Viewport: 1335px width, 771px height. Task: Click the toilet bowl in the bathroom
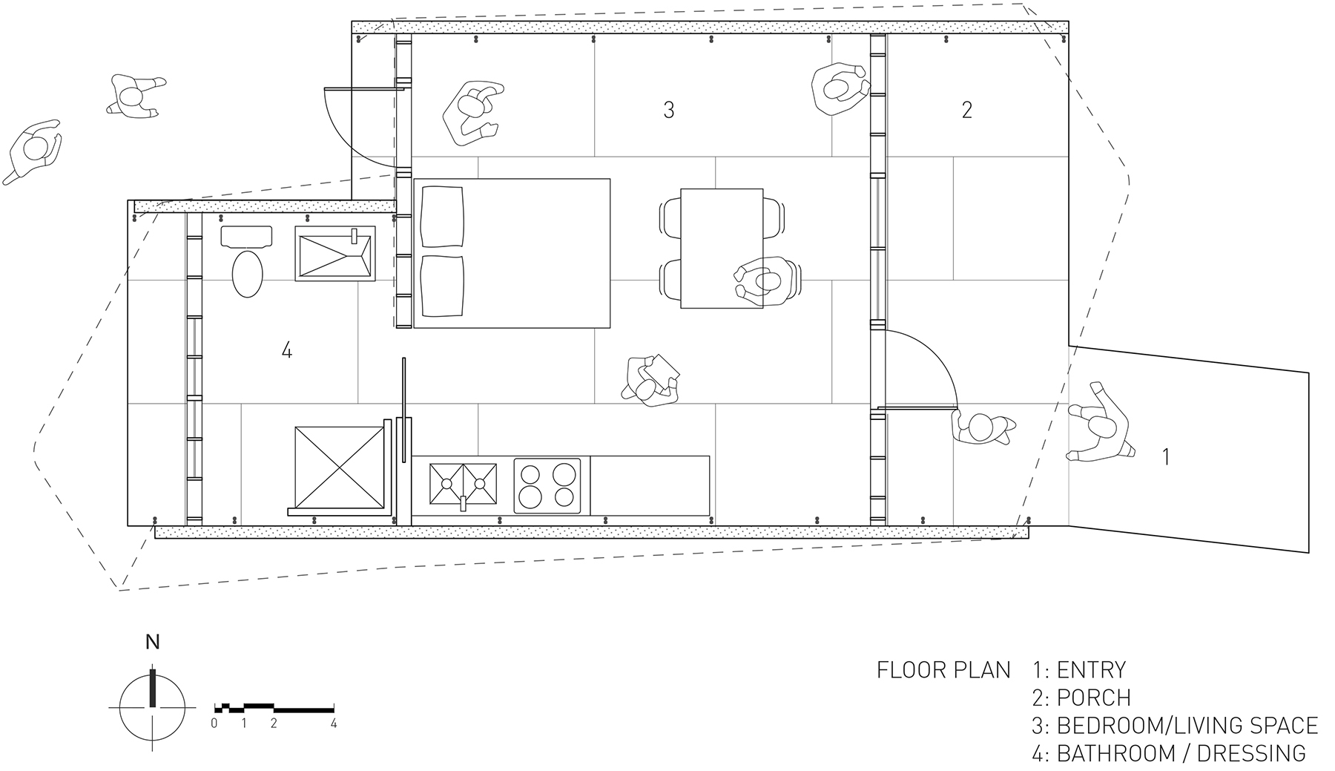tap(248, 273)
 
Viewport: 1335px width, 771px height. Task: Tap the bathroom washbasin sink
tap(334, 254)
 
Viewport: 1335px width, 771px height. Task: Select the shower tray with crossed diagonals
tap(338, 467)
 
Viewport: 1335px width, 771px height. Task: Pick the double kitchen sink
tap(464, 484)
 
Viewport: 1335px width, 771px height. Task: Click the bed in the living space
tap(512, 253)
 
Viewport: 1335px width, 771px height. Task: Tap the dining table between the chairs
tap(721, 248)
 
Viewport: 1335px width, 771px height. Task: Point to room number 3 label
tap(668, 111)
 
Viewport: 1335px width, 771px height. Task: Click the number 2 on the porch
tap(966, 111)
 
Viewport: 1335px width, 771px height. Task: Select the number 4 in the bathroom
tap(287, 350)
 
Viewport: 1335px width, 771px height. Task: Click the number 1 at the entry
tap(1165, 457)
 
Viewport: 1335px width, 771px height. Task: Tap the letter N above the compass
tap(152, 642)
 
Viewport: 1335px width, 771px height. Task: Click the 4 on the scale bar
tap(334, 724)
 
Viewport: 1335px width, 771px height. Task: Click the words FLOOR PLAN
tap(943, 670)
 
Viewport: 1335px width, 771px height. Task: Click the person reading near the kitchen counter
tap(651, 381)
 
